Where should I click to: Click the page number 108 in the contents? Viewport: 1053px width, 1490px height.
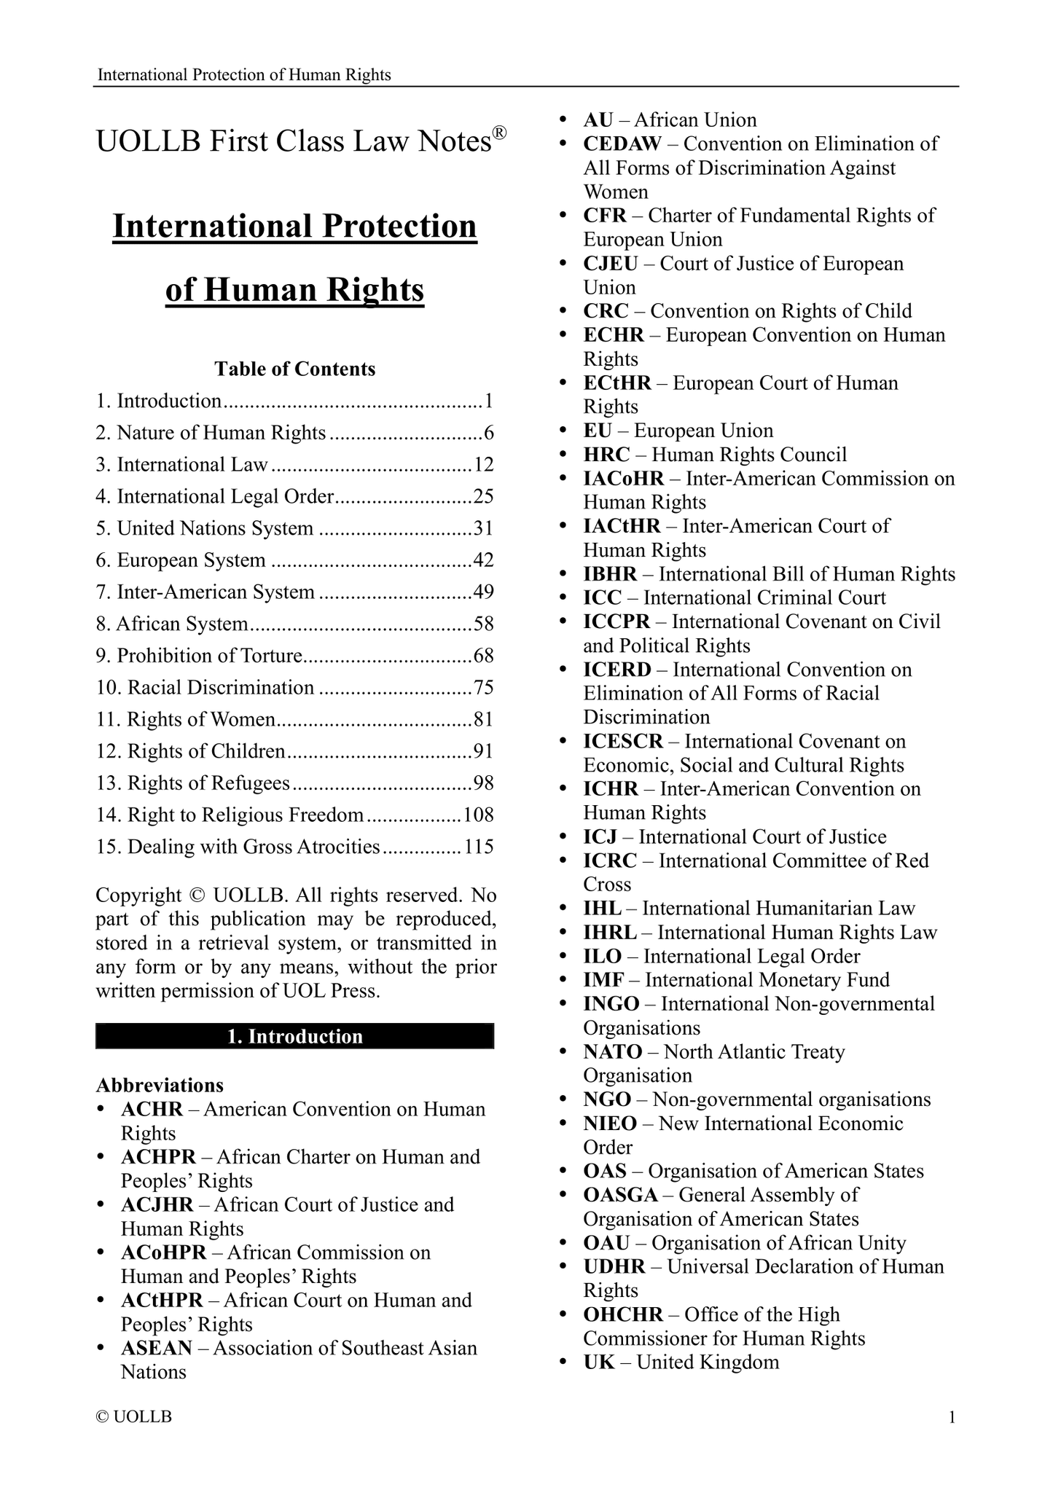point(479,815)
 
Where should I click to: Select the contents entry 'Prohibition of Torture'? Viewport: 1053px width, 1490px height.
point(208,656)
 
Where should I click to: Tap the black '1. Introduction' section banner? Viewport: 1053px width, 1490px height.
point(294,1036)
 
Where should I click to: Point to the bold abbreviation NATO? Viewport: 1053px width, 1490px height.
point(612,1051)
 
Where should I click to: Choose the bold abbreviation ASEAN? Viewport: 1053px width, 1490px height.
point(157,1348)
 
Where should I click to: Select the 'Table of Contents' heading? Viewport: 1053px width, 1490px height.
point(294,369)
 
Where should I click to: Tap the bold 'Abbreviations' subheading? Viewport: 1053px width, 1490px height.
point(160,1085)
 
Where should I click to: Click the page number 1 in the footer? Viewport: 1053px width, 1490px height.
point(951,1417)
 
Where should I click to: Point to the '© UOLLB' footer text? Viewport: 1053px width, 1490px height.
point(134,1417)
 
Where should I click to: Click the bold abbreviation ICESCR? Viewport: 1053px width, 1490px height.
point(623,741)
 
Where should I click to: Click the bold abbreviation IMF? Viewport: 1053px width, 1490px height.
point(603,980)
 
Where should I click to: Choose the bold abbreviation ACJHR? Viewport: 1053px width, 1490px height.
point(157,1204)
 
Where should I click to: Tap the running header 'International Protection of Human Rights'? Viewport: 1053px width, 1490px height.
point(244,75)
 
